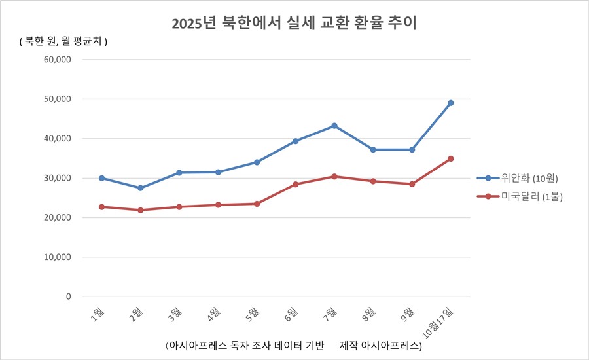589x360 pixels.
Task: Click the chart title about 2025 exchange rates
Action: [294, 24]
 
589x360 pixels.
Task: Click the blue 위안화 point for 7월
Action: [334, 126]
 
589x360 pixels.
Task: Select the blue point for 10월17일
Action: [450, 103]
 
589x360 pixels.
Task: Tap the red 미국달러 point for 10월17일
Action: [450, 158]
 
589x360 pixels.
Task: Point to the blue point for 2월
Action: [141, 188]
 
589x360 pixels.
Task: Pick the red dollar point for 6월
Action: [296, 184]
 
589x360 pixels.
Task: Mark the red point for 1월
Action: [101, 207]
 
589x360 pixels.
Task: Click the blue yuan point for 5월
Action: [257, 162]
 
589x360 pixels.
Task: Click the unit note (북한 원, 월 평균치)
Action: [63, 41]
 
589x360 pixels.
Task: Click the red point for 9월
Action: [412, 184]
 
